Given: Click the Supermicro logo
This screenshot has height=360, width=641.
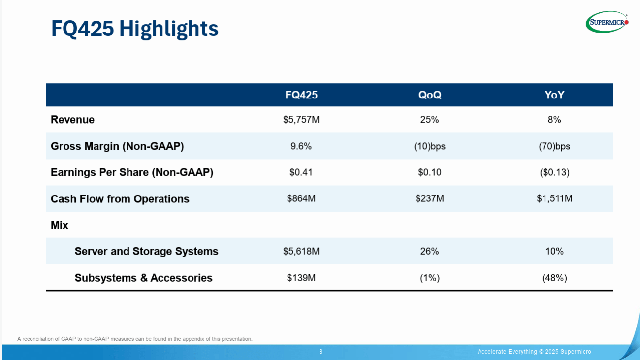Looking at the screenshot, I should [x=607, y=22].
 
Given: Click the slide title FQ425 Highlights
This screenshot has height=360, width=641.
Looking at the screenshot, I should [x=135, y=29].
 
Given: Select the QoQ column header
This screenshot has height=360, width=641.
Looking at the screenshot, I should [x=429, y=95].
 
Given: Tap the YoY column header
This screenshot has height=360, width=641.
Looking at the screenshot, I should [x=554, y=95].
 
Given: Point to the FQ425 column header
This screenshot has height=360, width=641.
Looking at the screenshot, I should [x=301, y=95].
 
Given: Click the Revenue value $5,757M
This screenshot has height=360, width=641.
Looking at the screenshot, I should [x=301, y=120].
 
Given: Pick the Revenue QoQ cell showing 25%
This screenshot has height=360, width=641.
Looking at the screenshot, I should [x=429, y=120].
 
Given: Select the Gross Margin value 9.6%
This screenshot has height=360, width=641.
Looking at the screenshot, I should [x=301, y=146].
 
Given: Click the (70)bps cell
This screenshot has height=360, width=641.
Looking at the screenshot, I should [x=554, y=146].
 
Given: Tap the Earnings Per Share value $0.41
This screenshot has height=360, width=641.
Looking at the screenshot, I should [x=301, y=172].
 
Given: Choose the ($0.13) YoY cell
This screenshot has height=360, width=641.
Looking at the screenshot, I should [x=554, y=172].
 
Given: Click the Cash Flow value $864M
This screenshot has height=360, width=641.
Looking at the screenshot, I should [x=301, y=199].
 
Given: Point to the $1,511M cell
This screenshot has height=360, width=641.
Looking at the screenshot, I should [x=554, y=199].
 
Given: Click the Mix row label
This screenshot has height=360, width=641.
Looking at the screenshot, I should [x=60, y=225].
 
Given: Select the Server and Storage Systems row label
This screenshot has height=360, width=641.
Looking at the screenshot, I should [x=146, y=251].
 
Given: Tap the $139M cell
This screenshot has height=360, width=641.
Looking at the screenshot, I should [x=301, y=278].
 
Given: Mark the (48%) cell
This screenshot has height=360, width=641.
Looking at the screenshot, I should [x=554, y=278].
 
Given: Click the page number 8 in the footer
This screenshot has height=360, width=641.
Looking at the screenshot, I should [x=321, y=352].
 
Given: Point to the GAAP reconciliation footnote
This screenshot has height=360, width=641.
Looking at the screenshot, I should [x=134, y=339].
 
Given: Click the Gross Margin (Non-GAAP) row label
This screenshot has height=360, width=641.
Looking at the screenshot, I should [x=117, y=146].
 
